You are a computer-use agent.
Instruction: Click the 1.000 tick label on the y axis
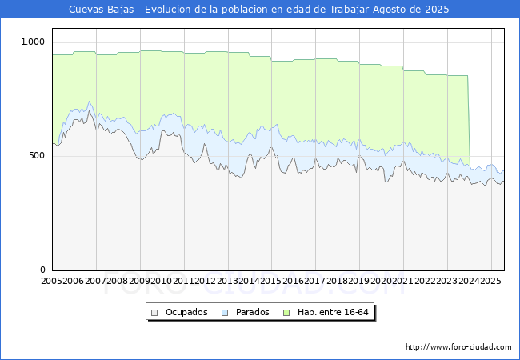coord(33,42)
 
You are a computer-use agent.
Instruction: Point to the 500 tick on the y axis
coord(37,155)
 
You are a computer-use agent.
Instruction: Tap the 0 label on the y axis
coord(42,270)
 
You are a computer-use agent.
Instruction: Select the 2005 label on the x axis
coord(51,281)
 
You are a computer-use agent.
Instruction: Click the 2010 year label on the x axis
coord(161,281)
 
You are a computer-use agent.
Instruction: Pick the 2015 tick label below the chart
coord(271,281)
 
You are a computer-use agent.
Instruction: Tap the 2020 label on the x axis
coord(381,281)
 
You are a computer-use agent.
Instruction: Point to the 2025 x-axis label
coord(490,281)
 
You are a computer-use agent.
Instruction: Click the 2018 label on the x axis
coord(337,281)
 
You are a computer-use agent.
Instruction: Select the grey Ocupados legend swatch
coord(154,313)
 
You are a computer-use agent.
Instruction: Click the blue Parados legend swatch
coord(225,313)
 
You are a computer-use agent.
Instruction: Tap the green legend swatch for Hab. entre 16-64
coord(286,313)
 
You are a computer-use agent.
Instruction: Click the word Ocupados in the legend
coord(186,312)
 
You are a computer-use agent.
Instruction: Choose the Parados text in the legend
coord(252,312)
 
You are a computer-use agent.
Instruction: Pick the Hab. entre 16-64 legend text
coord(333,312)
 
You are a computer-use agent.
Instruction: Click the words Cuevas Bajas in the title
coord(101,10)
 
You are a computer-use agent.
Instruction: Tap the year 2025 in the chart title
coord(437,10)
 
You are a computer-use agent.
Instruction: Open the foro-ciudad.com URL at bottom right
coord(458,347)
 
